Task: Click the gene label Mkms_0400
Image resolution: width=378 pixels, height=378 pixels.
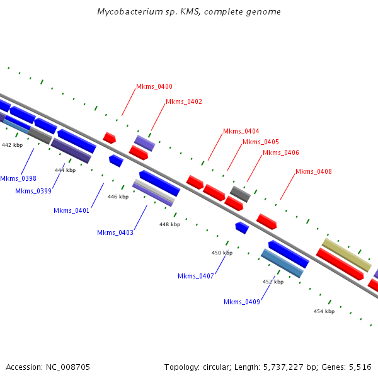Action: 154,87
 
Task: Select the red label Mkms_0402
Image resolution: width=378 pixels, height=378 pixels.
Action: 184,101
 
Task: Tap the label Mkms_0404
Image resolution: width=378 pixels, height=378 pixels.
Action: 241,131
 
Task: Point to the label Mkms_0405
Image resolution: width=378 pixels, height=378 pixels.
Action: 261,142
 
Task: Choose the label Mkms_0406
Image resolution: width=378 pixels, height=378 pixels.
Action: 281,152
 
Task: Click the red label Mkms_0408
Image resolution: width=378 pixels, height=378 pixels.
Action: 314,171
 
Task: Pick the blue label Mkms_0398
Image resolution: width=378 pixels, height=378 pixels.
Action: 18,179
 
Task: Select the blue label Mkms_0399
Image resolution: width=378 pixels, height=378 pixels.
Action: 33,191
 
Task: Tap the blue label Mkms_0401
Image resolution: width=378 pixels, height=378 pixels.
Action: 71,210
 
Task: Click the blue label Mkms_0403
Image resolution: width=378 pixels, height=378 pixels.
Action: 115,232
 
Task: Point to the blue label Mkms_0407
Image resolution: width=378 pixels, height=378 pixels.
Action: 196,276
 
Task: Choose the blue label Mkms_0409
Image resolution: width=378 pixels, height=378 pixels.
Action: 242,302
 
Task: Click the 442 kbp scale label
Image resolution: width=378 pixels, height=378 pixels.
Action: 13,145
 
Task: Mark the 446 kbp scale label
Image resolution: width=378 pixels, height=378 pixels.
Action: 118,197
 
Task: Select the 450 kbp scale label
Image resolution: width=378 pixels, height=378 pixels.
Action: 222,253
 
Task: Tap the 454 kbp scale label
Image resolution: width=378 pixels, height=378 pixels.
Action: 324,311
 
